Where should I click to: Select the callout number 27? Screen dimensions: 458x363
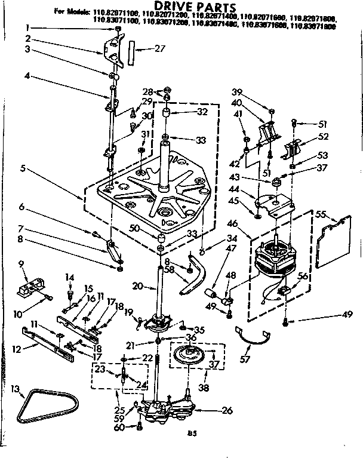coord(159,48)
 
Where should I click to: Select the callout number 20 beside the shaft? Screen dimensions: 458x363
coord(137,287)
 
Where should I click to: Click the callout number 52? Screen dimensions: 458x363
coord(324,137)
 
